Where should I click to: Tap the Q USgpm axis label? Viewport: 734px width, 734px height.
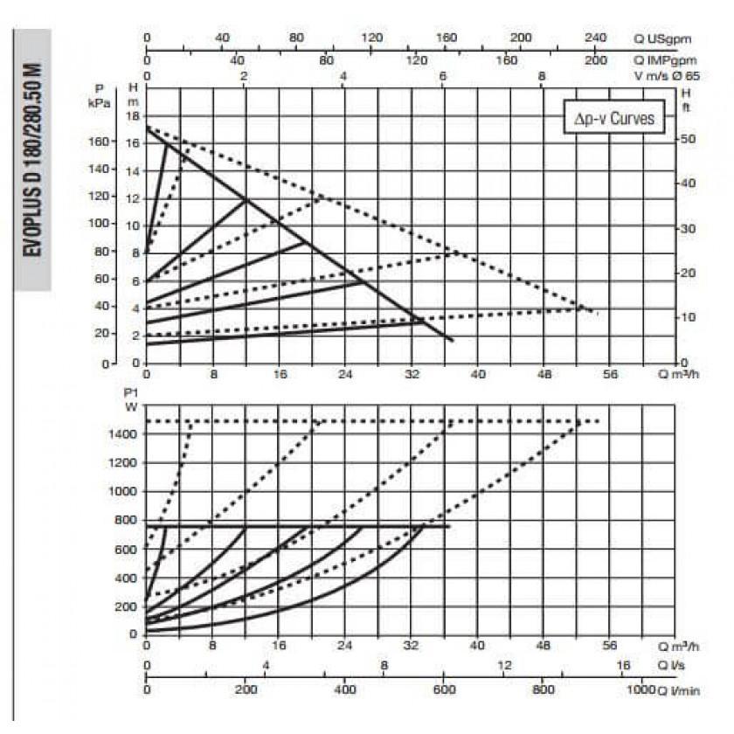(665, 38)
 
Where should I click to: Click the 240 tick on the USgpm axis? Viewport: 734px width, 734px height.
(594, 38)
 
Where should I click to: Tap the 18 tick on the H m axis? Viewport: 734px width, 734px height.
(134, 115)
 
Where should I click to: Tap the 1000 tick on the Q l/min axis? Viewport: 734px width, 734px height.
(641, 690)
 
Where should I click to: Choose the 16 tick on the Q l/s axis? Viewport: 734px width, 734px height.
(623, 667)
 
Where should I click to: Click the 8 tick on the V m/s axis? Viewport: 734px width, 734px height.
(543, 77)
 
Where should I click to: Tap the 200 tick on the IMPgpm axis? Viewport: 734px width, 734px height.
(597, 59)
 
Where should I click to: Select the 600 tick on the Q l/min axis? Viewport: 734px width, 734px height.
(444, 690)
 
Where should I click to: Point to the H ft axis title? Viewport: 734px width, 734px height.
(686, 100)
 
